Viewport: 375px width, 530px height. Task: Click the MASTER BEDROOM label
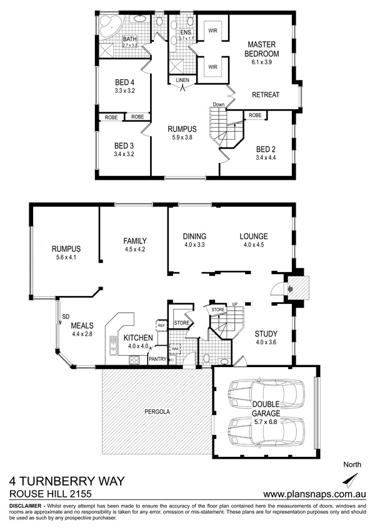click(262, 49)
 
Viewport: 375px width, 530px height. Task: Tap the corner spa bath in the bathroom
click(109, 26)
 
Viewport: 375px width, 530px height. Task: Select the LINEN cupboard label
click(182, 80)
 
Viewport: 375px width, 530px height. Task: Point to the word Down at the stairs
click(219, 104)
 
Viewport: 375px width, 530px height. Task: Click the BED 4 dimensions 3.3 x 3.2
click(124, 91)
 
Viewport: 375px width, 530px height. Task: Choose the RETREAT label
click(266, 95)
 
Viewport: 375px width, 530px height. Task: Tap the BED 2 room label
click(266, 149)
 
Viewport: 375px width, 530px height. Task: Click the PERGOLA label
click(157, 412)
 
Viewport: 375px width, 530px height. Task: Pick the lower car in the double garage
click(266, 432)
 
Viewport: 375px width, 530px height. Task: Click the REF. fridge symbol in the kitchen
click(161, 325)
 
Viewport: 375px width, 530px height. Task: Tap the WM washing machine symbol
click(175, 348)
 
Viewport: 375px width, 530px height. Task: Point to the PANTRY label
click(157, 359)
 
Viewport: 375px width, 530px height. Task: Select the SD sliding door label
click(66, 317)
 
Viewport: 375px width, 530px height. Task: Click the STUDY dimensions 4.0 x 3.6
click(266, 342)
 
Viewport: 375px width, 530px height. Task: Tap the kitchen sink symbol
click(112, 345)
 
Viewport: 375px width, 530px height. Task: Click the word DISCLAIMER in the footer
click(26, 506)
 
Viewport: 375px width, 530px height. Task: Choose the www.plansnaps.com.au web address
click(314, 494)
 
